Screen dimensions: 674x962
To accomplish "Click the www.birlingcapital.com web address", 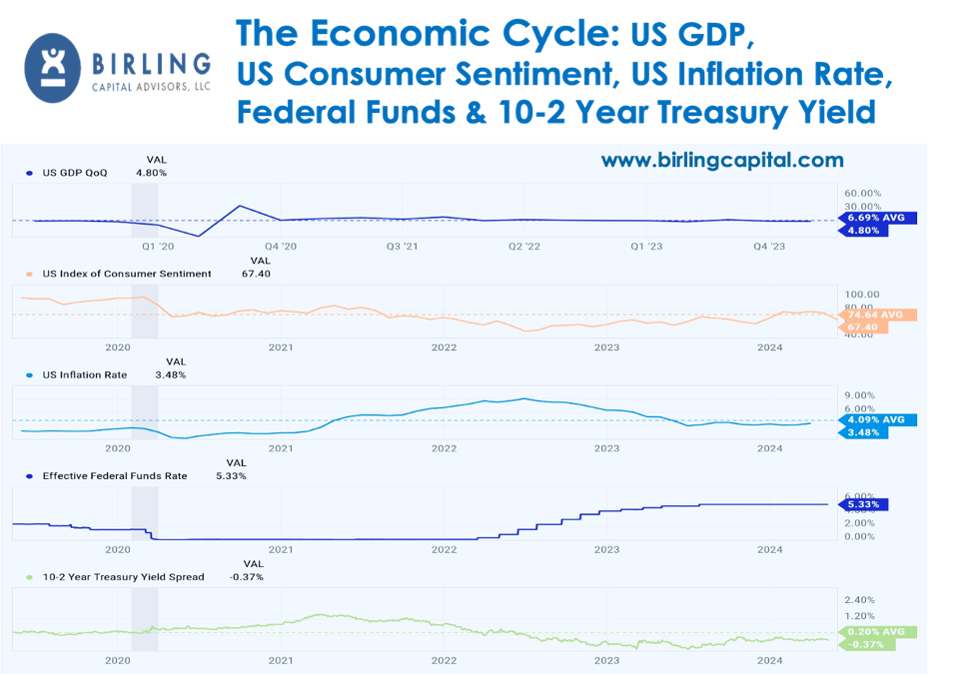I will click(721, 160).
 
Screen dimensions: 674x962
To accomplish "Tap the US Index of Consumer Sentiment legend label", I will click(126, 274).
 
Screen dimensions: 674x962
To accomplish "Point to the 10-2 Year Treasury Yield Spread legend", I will click(122, 577).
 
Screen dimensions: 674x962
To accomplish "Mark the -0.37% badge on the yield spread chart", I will click(865, 644).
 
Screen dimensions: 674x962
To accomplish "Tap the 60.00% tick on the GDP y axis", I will click(863, 193).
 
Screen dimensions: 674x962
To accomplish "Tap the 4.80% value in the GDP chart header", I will click(152, 173).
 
